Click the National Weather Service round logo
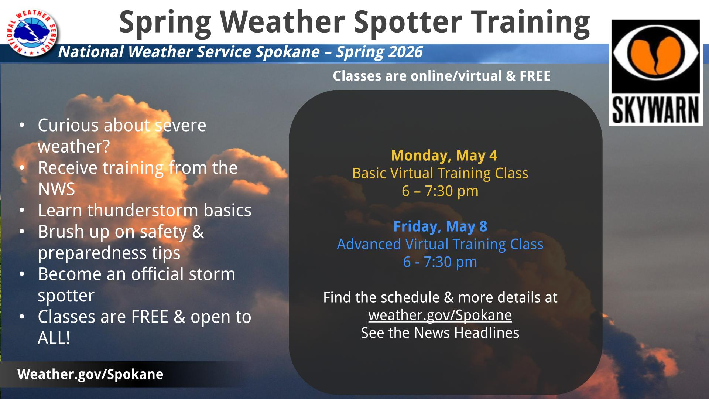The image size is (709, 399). coord(32,33)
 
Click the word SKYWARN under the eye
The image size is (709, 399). coord(655,110)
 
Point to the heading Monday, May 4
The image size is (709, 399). coord(444,156)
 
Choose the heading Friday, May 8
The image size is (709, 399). coord(440,226)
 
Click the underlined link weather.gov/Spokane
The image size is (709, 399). coord(440,315)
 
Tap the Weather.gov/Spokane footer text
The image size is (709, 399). coord(90,374)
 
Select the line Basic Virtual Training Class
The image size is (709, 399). coord(440,173)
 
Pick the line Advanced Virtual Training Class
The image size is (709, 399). coord(440,244)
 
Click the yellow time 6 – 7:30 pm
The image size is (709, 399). coord(440,191)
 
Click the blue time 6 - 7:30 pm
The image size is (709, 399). coord(440,262)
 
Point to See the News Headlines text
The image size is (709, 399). coord(440,333)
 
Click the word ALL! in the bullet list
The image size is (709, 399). coord(54,338)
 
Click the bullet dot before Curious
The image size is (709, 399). coord(23,126)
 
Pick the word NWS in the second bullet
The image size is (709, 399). coord(56,189)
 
